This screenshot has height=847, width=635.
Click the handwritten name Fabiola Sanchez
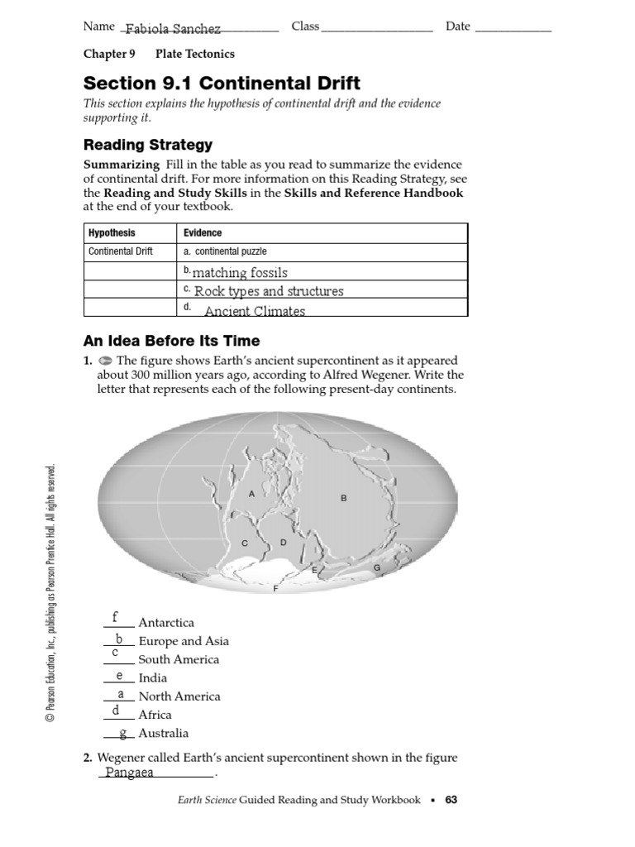pyautogui.click(x=173, y=30)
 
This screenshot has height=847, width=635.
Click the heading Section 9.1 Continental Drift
pyautogui.click(x=222, y=84)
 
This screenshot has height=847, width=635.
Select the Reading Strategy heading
pyautogui.click(x=148, y=145)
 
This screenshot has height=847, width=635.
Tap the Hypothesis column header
pyautogui.click(x=112, y=233)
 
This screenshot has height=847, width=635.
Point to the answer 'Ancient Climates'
pyautogui.click(x=255, y=311)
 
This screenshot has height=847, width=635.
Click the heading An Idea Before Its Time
pyautogui.click(x=171, y=341)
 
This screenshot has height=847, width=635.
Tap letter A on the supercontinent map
pyautogui.click(x=251, y=494)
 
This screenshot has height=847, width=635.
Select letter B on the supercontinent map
pyautogui.click(x=344, y=498)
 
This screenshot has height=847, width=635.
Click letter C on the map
pyautogui.click(x=245, y=543)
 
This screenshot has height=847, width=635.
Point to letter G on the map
pyautogui.click(x=377, y=568)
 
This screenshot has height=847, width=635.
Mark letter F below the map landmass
pyautogui.click(x=275, y=588)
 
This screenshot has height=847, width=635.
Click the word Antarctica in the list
pyautogui.click(x=166, y=623)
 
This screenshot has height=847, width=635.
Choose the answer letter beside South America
pyautogui.click(x=115, y=653)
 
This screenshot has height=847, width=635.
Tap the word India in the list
pyautogui.click(x=153, y=678)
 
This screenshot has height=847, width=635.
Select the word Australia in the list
pyautogui.click(x=164, y=733)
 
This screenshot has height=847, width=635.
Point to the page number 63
pyautogui.click(x=451, y=800)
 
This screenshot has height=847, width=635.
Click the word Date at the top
pyautogui.click(x=458, y=26)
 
